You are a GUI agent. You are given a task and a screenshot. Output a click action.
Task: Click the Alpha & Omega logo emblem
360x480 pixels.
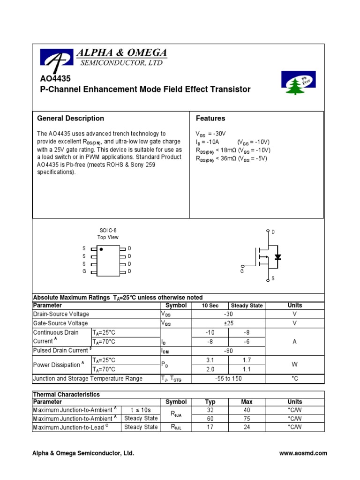click(x=57, y=59)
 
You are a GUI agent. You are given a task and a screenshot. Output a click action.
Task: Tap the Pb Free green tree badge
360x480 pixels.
click(x=298, y=82)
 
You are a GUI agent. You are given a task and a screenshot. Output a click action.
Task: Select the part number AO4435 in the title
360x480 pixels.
click(x=52, y=79)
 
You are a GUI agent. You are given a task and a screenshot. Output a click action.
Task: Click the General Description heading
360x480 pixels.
click(x=70, y=118)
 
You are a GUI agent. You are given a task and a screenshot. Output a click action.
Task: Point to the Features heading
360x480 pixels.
click(x=210, y=118)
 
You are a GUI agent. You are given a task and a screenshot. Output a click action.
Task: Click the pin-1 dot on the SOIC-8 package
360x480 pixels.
click(x=102, y=249)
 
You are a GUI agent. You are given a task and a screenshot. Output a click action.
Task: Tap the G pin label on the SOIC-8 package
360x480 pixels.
click(x=84, y=271)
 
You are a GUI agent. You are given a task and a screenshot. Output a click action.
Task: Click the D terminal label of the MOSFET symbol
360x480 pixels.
click(x=273, y=232)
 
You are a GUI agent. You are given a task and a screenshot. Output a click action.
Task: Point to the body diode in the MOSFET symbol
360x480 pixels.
click(x=277, y=257)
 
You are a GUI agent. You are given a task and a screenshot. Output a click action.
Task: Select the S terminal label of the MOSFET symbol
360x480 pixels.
click(x=273, y=278)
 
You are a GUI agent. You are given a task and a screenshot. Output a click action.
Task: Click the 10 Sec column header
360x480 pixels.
click(x=210, y=306)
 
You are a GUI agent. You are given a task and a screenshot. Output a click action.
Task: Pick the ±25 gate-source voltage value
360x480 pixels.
click(x=228, y=323)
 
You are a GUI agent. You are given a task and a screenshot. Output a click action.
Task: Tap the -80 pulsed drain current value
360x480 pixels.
click(x=228, y=351)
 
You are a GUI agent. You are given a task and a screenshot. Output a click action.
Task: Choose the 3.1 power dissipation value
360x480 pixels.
click(x=210, y=360)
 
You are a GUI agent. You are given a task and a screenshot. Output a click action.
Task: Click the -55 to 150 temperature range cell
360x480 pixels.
click(x=228, y=378)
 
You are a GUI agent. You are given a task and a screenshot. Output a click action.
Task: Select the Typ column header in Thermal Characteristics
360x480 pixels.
click(x=210, y=402)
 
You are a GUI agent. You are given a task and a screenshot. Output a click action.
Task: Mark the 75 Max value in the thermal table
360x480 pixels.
click(x=247, y=418)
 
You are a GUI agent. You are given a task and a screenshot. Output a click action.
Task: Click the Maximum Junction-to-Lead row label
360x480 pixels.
click(x=75, y=427)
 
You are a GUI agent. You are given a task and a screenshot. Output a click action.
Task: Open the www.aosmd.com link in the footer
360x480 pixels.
click(x=303, y=453)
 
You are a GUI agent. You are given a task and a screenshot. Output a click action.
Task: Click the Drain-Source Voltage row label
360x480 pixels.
click(x=61, y=314)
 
